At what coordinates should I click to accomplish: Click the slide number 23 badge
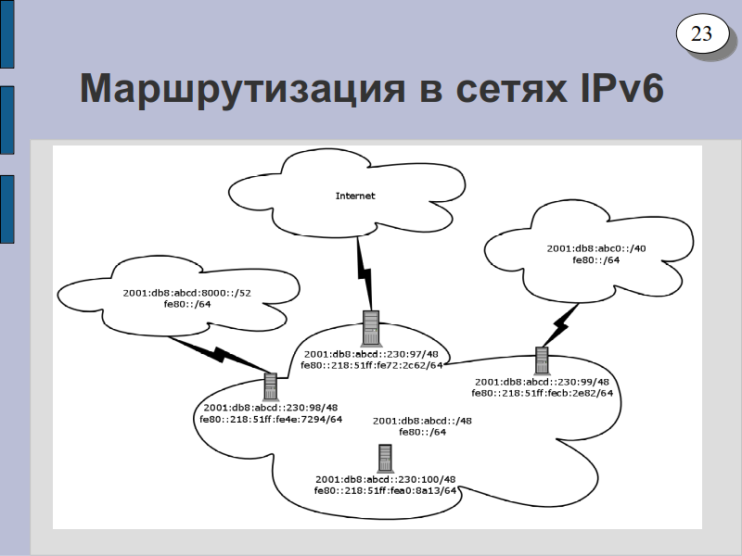pyautogui.click(x=702, y=34)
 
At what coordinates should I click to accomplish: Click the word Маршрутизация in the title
pyautogui.click(x=242, y=88)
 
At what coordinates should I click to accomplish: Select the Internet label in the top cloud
pyautogui.click(x=355, y=196)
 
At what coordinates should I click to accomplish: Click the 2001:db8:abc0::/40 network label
pyautogui.click(x=596, y=248)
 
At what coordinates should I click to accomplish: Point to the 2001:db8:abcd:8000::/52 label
pyautogui.click(x=187, y=293)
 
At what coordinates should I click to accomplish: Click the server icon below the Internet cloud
pyautogui.click(x=370, y=328)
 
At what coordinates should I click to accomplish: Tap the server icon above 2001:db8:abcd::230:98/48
pyautogui.click(x=270, y=386)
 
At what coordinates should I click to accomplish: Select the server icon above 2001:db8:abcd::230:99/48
pyautogui.click(x=542, y=360)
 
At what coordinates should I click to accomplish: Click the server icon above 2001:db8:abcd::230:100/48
pyautogui.click(x=385, y=458)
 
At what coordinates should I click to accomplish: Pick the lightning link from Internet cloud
pyautogui.click(x=365, y=273)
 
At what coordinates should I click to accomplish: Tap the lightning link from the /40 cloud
pyautogui.click(x=561, y=325)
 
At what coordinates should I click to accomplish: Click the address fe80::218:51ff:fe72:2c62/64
pyautogui.click(x=372, y=365)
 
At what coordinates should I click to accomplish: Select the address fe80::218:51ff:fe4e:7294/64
pyautogui.click(x=271, y=420)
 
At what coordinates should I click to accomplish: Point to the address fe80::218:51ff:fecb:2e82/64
pyautogui.click(x=543, y=393)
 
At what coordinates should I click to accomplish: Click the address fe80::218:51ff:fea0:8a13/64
pyautogui.click(x=385, y=491)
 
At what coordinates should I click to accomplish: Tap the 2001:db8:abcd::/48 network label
pyautogui.click(x=422, y=422)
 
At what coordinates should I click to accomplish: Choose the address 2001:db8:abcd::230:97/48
pyautogui.click(x=372, y=355)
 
